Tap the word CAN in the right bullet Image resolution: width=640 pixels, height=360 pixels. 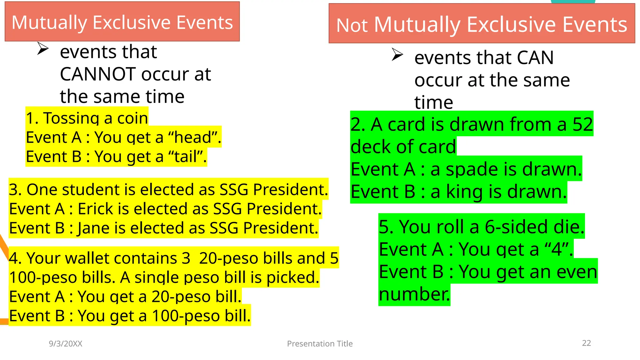point(535,58)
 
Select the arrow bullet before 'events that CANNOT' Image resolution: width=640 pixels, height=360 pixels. point(42,48)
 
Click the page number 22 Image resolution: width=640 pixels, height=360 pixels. point(586,343)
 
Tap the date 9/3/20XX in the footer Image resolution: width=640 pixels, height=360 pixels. point(66,344)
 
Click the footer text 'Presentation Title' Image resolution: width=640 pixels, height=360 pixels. point(320,344)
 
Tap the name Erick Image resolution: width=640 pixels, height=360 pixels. point(95,209)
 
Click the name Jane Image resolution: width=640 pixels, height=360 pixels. point(94,228)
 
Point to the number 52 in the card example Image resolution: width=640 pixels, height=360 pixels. point(582,124)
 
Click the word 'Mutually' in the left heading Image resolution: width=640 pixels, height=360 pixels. point(49,22)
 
